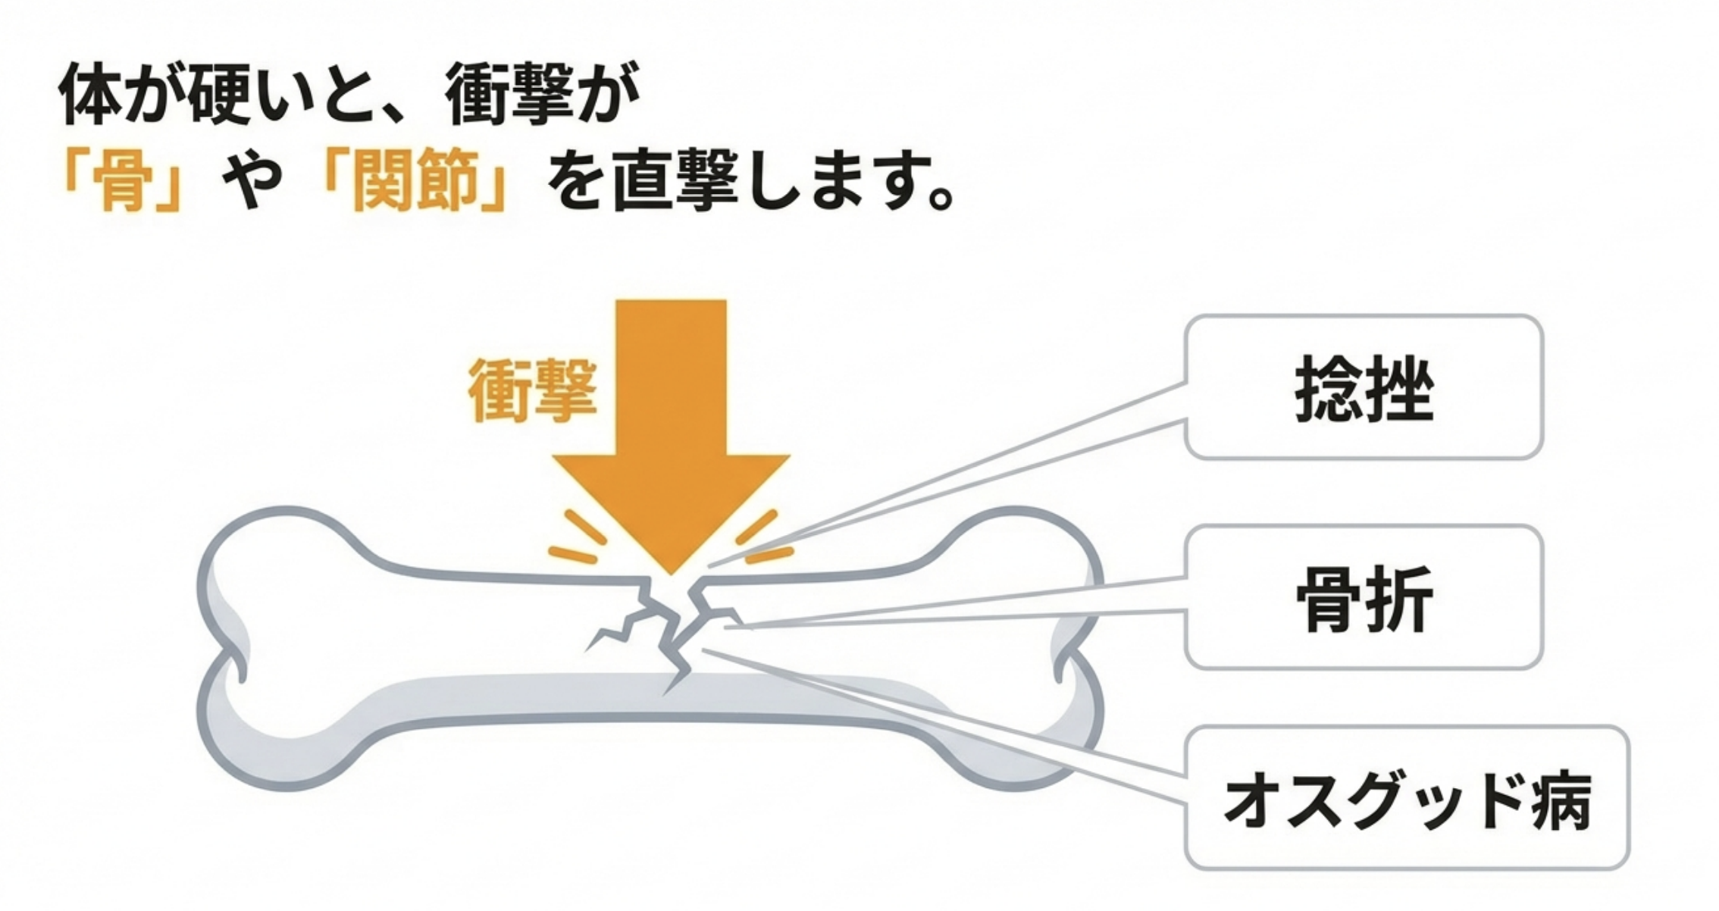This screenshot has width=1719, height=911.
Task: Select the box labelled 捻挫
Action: [x=1364, y=387]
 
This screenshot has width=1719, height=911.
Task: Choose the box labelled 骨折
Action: [x=1364, y=598]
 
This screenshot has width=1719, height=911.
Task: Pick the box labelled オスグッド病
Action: [x=1406, y=799]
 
